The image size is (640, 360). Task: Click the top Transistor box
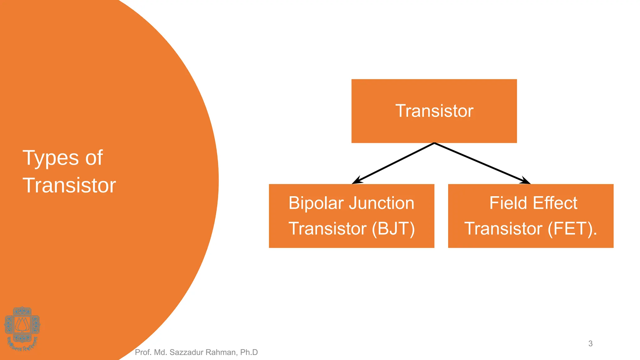[434, 111]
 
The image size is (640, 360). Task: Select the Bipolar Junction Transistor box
[352, 216]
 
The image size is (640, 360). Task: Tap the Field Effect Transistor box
[531, 216]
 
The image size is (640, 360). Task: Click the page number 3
[590, 343]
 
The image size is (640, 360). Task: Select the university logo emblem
[22, 328]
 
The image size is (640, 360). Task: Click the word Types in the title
[51, 158]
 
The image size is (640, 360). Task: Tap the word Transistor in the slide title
[69, 185]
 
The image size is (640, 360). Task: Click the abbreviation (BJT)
[393, 228]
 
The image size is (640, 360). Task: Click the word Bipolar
[316, 203]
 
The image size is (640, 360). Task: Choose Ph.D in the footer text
[249, 352]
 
